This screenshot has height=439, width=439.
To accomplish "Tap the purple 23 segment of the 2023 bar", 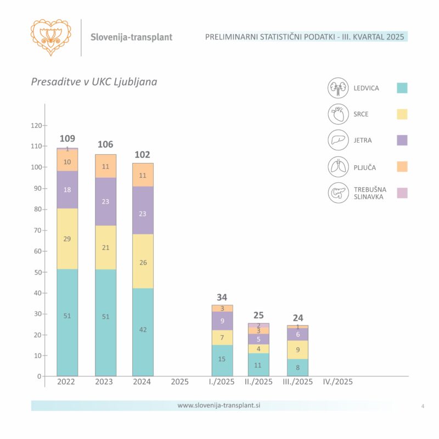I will pyautogui.click(x=105, y=201).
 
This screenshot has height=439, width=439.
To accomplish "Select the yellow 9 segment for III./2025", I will pyautogui.click(x=297, y=350).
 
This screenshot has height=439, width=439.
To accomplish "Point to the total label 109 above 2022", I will pyautogui.click(x=67, y=138).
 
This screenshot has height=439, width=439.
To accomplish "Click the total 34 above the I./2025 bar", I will pyautogui.click(x=222, y=297).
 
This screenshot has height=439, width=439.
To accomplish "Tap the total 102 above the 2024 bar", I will pyautogui.click(x=143, y=155).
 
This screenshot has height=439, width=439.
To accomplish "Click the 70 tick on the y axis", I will pyautogui.click(x=37, y=230).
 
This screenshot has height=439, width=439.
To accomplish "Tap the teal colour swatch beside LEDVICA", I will pyautogui.click(x=402, y=88).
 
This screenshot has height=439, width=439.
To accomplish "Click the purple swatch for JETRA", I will pyautogui.click(x=402, y=140).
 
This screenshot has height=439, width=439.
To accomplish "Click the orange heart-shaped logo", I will pyautogui.click(x=51, y=37).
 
